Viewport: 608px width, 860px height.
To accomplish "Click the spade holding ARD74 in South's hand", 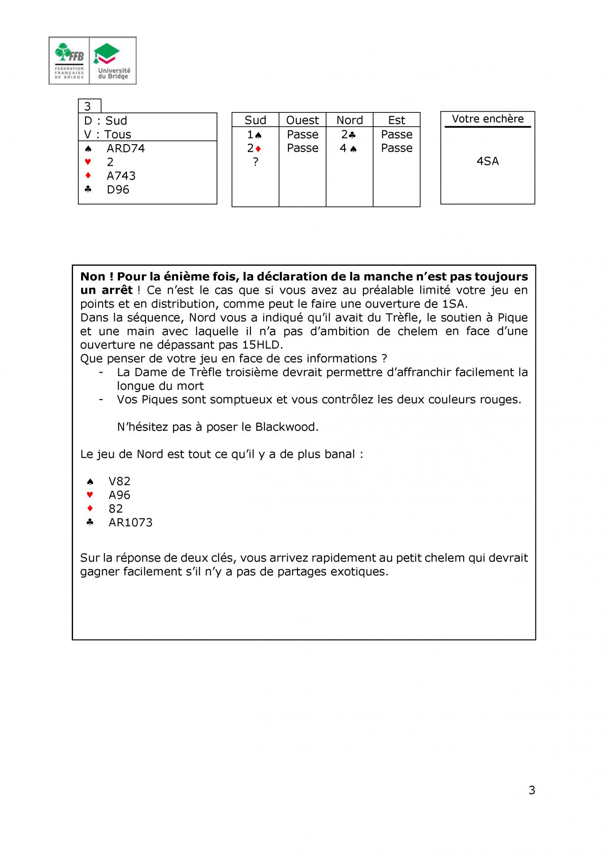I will [x=125, y=148].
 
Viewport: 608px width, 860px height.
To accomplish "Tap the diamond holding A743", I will [x=121, y=176].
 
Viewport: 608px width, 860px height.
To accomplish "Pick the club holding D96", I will [x=118, y=189].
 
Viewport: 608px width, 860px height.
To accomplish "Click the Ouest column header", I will [x=302, y=120].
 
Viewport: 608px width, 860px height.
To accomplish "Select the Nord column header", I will [x=349, y=120].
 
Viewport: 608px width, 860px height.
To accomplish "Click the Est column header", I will [x=397, y=120].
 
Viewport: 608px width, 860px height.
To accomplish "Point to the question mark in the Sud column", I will [x=255, y=162].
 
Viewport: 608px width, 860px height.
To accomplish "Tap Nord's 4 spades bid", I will [x=348, y=148].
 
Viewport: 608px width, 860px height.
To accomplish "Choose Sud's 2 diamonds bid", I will [x=254, y=148].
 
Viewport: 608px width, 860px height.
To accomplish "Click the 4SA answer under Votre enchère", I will [x=487, y=161].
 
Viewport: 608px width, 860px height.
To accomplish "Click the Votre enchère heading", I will [x=487, y=119].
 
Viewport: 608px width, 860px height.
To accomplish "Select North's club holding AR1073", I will [x=130, y=522].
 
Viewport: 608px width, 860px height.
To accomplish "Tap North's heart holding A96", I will [x=119, y=495].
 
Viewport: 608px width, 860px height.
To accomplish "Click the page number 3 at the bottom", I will [x=532, y=790].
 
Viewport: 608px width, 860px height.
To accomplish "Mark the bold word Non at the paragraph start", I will [x=93, y=277].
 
